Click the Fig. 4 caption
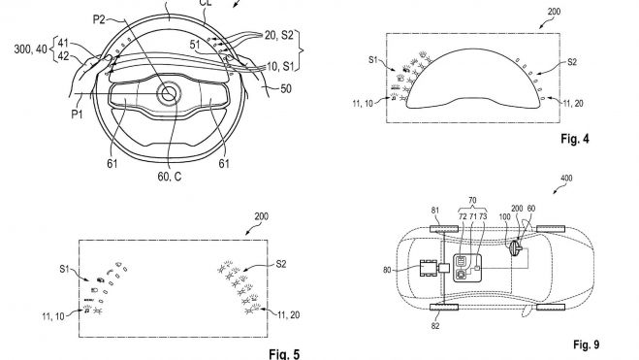(575, 139)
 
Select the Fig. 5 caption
(284, 354)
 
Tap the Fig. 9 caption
(586, 344)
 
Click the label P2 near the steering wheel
(100, 19)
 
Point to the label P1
(77, 115)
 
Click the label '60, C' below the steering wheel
(170, 177)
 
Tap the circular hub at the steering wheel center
(169, 94)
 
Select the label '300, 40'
(31, 49)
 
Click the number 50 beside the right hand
(286, 88)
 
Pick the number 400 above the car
(566, 179)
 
